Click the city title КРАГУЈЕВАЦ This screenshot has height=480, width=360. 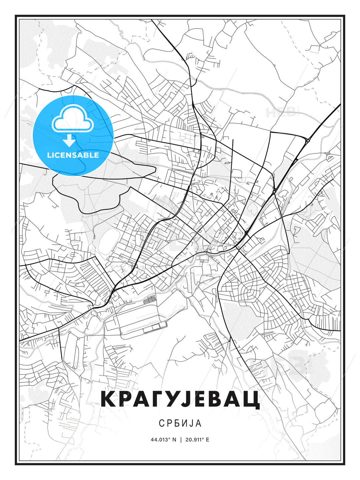click(180, 399)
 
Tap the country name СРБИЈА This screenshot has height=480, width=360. click(180, 423)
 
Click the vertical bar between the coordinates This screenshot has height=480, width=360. click(180, 440)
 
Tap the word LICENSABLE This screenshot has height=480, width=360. click(73, 155)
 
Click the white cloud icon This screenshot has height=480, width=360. click(72, 119)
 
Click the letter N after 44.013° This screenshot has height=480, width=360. click(174, 440)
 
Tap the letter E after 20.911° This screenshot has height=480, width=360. click(208, 440)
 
